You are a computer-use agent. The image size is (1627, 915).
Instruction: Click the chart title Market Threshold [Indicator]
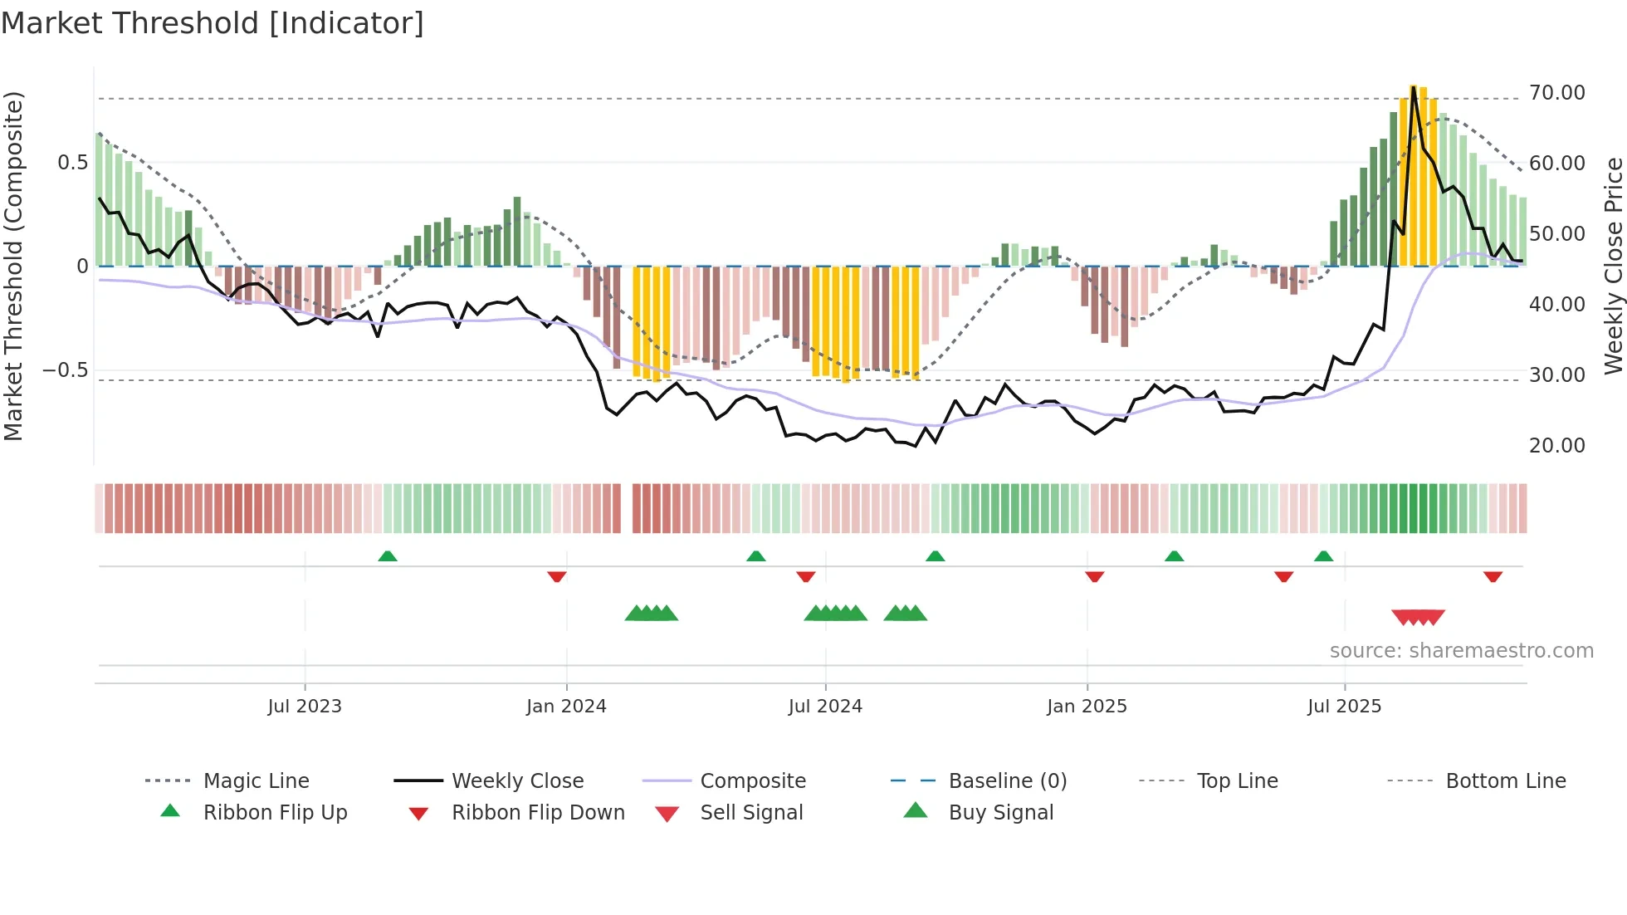pos(213,23)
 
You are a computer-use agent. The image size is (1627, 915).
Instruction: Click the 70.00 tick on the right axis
pos(1556,93)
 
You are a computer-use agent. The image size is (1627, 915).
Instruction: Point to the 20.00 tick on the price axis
pos(1556,446)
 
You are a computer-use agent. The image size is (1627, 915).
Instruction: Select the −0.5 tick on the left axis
pos(66,370)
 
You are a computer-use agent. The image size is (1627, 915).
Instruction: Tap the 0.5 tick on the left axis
pos(72,163)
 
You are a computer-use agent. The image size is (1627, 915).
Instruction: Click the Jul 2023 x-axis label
pos(305,707)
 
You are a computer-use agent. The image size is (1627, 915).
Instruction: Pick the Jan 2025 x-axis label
pos(1087,707)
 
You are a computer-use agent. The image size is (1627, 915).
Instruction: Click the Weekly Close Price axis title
pos(1612,266)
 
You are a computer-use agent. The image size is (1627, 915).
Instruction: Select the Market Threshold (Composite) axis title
pos(13,266)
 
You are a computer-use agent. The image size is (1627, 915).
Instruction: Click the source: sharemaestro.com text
pos(1461,651)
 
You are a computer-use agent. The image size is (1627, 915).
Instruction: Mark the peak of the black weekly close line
pos(1413,87)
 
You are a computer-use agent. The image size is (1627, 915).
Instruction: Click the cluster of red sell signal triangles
pos(1418,617)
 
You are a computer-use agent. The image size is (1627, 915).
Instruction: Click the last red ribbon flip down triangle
pos(1493,576)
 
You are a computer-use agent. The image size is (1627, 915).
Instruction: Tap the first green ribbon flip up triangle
pos(388,556)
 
